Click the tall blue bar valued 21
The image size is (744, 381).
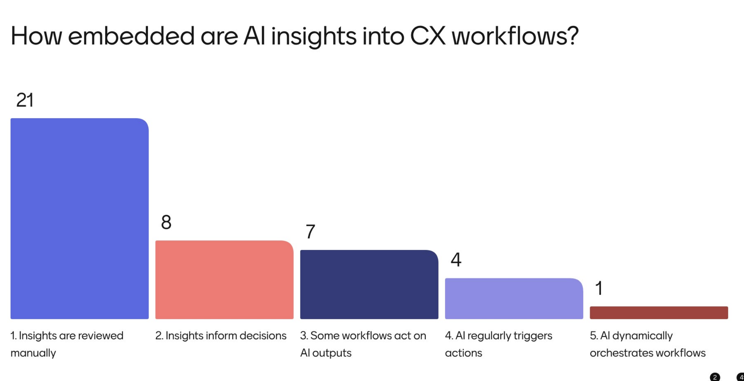point(79,219)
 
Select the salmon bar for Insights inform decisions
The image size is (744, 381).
point(224,280)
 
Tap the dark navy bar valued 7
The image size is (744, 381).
point(369,284)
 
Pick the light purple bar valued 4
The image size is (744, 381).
point(514,299)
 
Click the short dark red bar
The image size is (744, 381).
point(659,313)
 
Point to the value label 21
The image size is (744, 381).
point(25,100)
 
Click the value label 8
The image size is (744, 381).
point(166,222)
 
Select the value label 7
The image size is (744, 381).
point(310,232)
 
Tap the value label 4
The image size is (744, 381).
point(456,260)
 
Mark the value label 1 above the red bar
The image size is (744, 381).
point(599,288)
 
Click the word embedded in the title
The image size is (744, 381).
point(131,36)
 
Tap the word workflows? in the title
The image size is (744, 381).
point(515,36)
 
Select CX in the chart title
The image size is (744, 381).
point(428,36)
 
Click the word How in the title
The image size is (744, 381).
point(36,36)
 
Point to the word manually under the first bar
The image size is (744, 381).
point(33,353)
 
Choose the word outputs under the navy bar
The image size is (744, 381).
point(332,353)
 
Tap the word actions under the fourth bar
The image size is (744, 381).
point(463,353)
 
